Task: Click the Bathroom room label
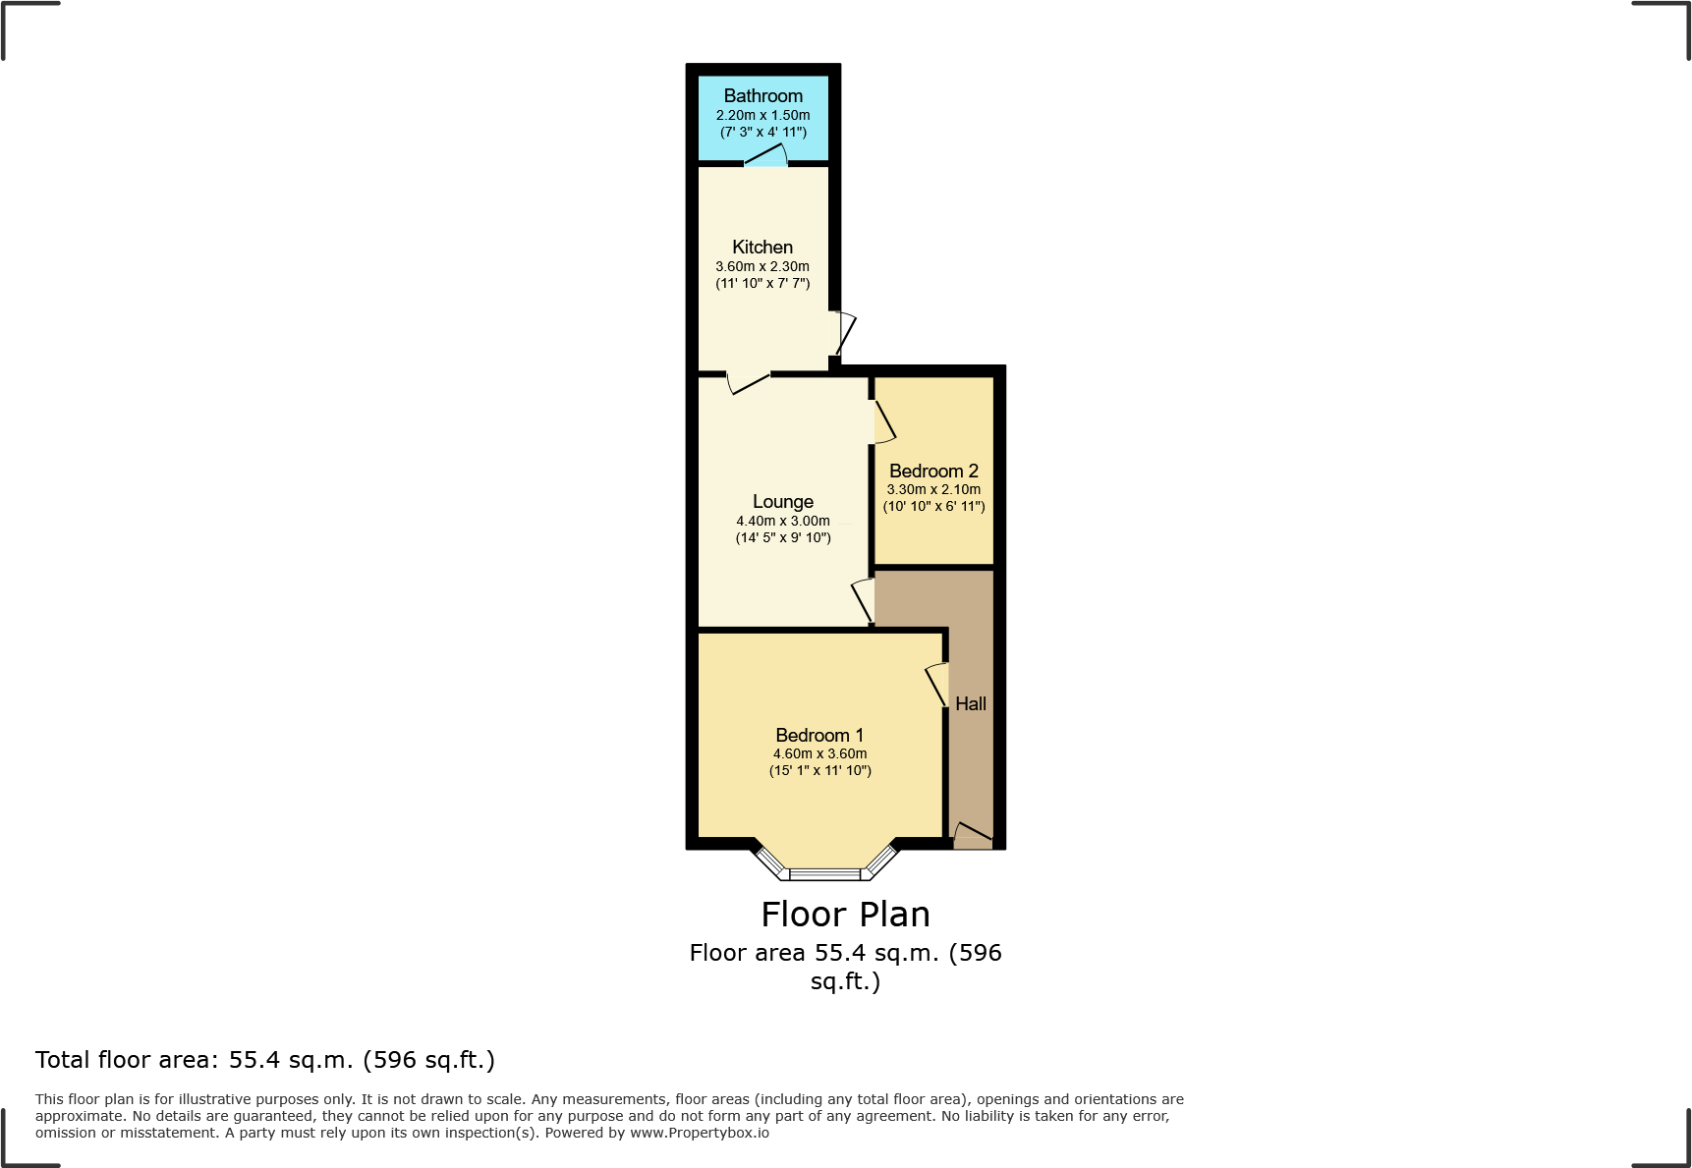click(762, 95)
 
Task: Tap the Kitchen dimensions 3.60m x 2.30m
click(762, 266)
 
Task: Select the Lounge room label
click(782, 501)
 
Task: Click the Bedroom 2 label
click(933, 471)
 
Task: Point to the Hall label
click(970, 703)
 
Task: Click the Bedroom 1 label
click(819, 735)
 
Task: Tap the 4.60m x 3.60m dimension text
click(819, 753)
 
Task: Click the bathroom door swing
click(767, 156)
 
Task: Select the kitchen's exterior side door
click(844, 333)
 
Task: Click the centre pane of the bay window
click(824, 873)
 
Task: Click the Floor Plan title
click(845, 915)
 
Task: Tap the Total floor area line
click(265, 1060)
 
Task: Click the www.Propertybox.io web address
click(699, 1133)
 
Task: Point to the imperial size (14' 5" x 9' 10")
click(782, 537)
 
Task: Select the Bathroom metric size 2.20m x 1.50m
click(762, 115)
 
